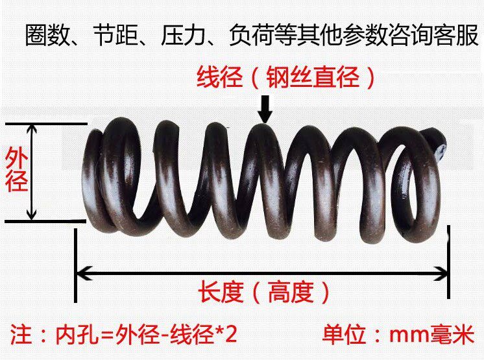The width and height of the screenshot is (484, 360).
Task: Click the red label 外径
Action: click(x=17, y=169)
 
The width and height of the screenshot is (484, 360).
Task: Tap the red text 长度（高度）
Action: click(x=263, y=293)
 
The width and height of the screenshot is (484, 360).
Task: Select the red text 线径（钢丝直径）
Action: click(x=286, y=78)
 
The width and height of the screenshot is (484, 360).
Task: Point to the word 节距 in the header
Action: click(x=114, y=36)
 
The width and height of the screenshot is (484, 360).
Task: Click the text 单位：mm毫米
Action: click(x=398, y=336)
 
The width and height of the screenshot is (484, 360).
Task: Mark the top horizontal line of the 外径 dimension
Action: click(x=45, y=123)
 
